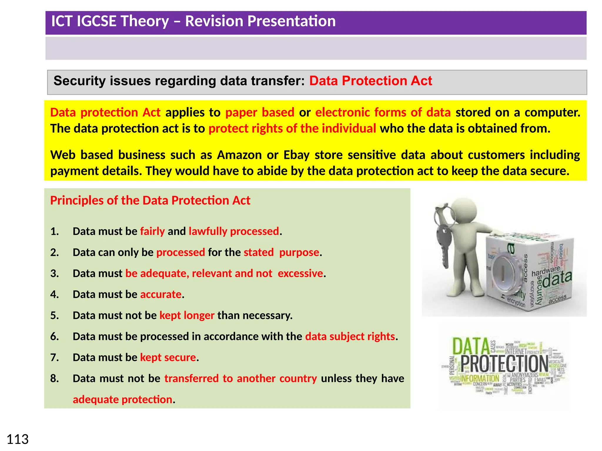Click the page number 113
tap(18, 439)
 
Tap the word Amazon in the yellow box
tap(239, 155)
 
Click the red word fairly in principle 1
tap(152, 231)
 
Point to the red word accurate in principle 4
tap(161, 295)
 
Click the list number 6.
tap(54, 336)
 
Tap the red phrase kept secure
tap(168, 357)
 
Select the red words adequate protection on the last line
tap(122, 400)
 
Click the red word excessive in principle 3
tap(300, 273)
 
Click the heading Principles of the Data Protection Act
tap(150, 201)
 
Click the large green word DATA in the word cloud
tap(471, 346)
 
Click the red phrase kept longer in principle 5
tap(187, 315)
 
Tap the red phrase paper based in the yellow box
tap(260, 112)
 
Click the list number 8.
tap(54, 378)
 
